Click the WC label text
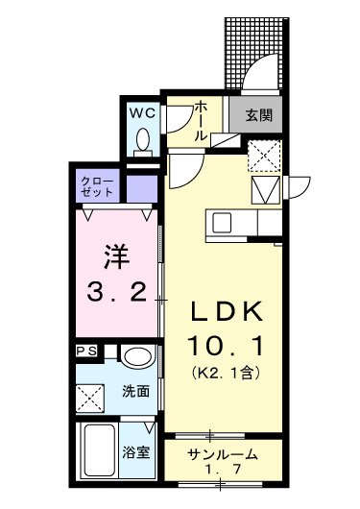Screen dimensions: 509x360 coord(142,112)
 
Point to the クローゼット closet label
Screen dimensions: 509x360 coord(98,185)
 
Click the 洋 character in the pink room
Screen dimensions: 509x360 coord(116,256)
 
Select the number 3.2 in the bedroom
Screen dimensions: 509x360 coord(116,291)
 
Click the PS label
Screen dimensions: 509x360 coord(86,351)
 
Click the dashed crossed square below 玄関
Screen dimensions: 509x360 coord(264,154)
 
